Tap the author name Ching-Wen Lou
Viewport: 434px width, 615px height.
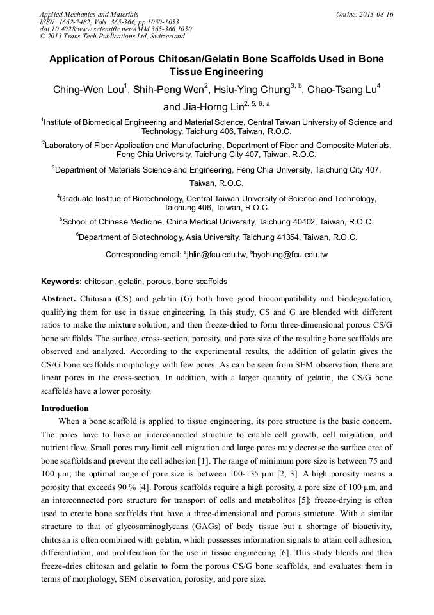(88, 90)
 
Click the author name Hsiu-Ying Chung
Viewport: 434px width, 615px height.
(252, 90)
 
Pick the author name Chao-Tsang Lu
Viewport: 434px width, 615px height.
(341, 90)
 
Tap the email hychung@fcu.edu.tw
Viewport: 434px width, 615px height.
(291, 255)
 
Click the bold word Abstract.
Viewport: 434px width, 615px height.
(58, 299)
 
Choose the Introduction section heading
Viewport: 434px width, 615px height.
(65, 409)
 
